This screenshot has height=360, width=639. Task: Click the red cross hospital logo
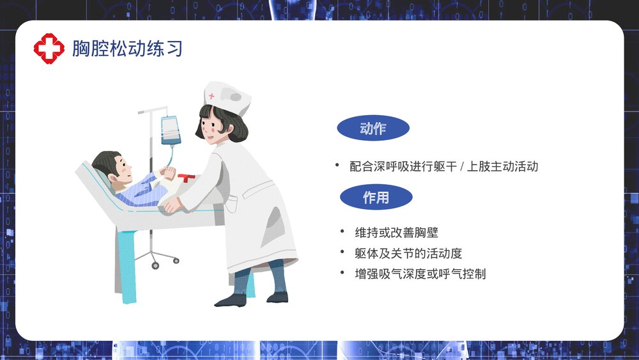click(x=49, y=49)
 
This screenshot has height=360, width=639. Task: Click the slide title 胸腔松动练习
click(x=127, y=49)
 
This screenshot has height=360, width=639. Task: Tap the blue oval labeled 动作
click(x=373, y=129)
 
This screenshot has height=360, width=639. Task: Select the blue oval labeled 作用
click(x=376, y=198)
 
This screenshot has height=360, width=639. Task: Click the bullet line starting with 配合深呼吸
click(x=444, y=167)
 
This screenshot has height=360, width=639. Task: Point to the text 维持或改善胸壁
click(x=396, y=233)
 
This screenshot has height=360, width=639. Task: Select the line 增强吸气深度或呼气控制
click(x=420, y=274)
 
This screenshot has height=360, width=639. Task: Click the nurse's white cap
click(x=227, y=97)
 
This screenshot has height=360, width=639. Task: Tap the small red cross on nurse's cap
click(x=212, y=97)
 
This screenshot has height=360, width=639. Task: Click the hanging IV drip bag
click(x=170, y=130)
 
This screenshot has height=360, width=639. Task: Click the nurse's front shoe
click(x=230, y=299)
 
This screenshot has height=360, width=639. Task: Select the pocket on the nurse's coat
click(x=231, y=204)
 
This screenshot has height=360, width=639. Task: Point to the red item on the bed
click(x=187, y=178)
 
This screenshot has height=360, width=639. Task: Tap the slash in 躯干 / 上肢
click(x=462, y=167)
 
